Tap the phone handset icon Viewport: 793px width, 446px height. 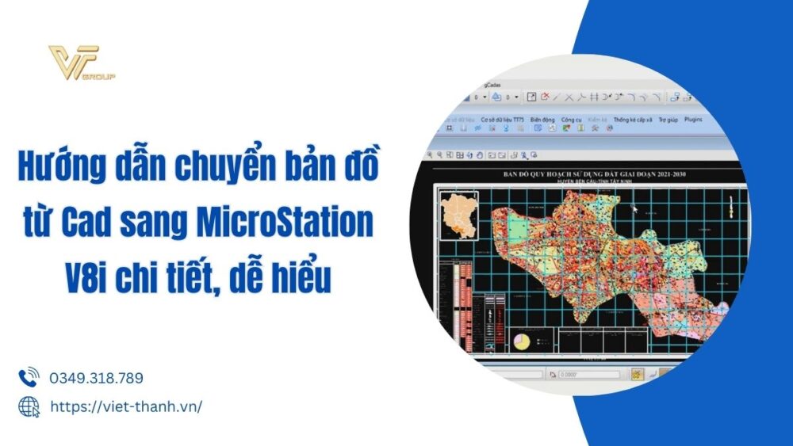click(29, 378)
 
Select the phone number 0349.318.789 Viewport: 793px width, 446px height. click(96, 379)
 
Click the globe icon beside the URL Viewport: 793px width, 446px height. click(29, 406)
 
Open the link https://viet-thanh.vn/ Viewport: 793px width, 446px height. click(126, 406)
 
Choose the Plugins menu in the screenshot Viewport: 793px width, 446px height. click(693, 119)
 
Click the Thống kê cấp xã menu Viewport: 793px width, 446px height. click(632, 119)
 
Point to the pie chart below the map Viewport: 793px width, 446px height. click(523, 341)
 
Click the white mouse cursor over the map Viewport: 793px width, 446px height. click(634, 209)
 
